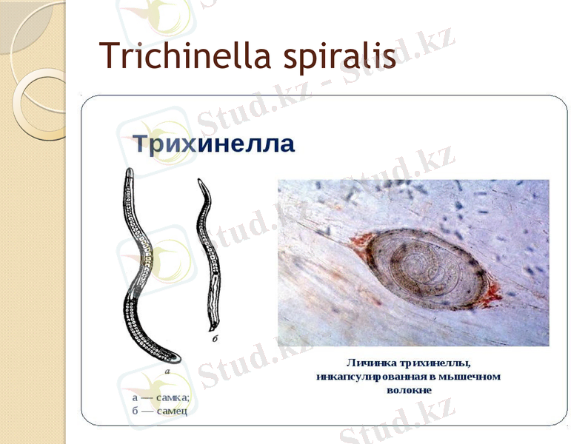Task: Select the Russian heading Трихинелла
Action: (x=213, y=144)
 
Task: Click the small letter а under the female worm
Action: (x=167, y=371)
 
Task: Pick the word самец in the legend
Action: (x=170, y=410)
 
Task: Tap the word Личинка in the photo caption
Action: (x=373, y=363)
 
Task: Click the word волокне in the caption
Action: (x=410, y=390)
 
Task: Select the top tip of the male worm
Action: (x=199, y=181)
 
